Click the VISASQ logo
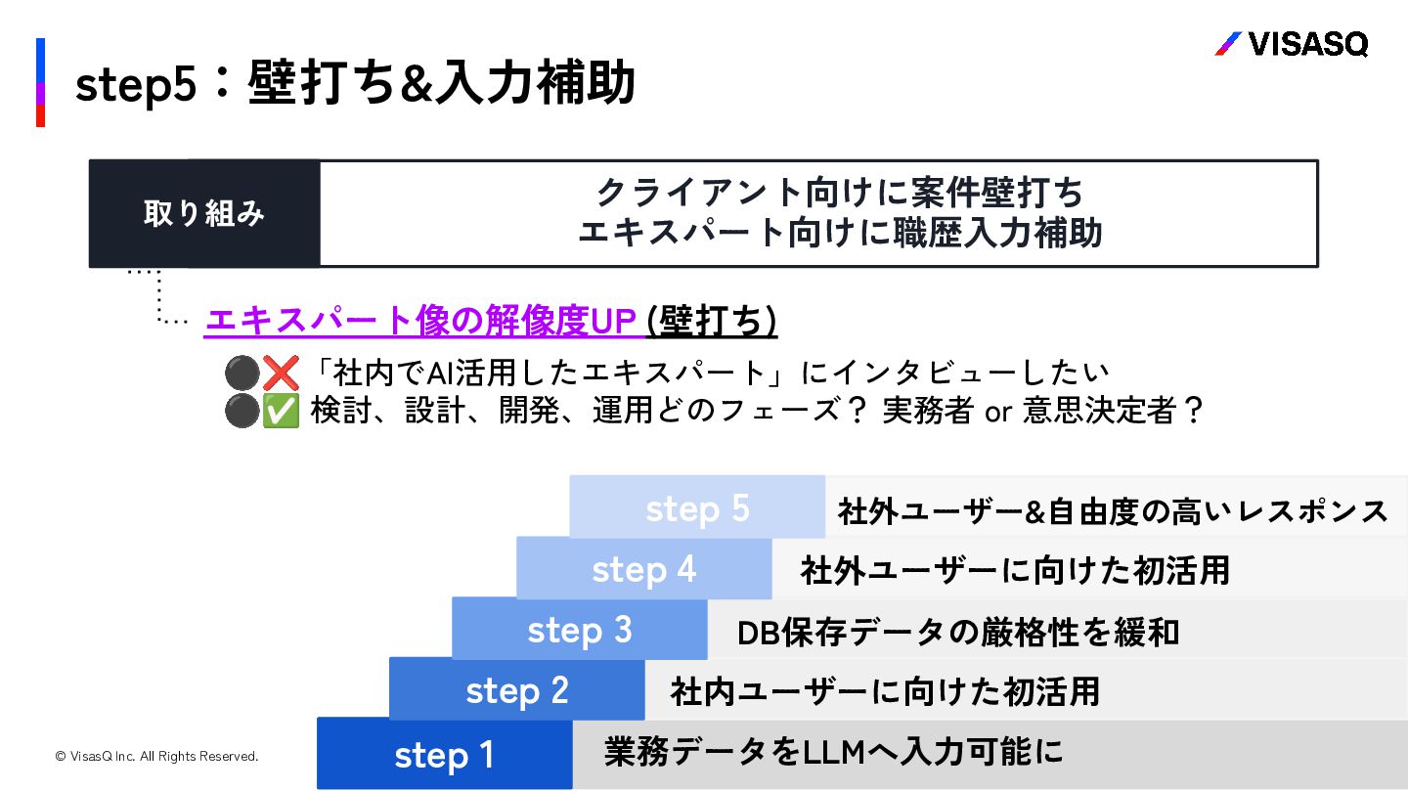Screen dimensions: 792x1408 pyautogui.click(x=1291, y=44)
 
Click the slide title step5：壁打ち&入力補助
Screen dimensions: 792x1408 pyautogui.click(x=355, y=83)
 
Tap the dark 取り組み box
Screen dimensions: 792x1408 pyautogui.click(x=204, y=214)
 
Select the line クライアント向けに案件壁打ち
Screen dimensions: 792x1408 pyautogui.click(x=839, y=193)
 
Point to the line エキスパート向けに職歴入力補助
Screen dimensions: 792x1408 pyautogui.click(x=839, y=233)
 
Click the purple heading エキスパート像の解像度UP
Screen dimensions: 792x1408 pyautogui.click(x=421, y=321)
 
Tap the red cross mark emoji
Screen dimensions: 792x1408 pyautogui.click(x=281, y=373)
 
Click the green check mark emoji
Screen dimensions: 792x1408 pyautogui.click(x=281, y=412)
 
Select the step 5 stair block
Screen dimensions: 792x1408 pyautogui.click(x=697, y=508)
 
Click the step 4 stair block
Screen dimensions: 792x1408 pyautogui.click(x=643, y=569)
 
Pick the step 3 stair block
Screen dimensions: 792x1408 pyautogui.click(x=579, y=630)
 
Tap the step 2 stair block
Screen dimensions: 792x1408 pyautogui.click(x=516, y=690)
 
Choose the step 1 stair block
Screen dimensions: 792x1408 pyautogui.click(x=444, y=754)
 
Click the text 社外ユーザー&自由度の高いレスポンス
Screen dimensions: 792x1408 pyautogui.click(x=1113, y=510)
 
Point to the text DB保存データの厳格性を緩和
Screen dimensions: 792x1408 pyautogui.click(x=957, y=633)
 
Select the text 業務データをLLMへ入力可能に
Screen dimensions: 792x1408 pyautogui.click(x=833, y=752)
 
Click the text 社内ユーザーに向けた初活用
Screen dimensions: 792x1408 pyautogui.click(x=885, y=691)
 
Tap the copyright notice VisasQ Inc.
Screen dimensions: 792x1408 pyautogui.click(x=156, y=756)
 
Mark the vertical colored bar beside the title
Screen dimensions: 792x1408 pyautogui.click(x=41, y=83)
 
